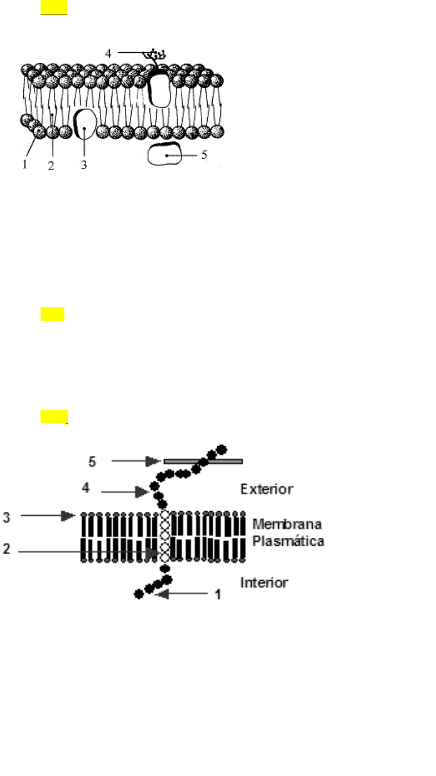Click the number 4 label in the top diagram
[x=108, y=54]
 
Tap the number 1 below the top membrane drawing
[x=24, y=165]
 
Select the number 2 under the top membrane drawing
[x=51, y=165]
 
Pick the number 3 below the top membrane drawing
[x=84, y=165]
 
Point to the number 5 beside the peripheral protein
[x=204, y=155]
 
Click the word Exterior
[x=266, y=489]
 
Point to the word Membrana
[x=288, y=524]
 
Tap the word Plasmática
[x=288, y=540]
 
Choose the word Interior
[x=264, y=582]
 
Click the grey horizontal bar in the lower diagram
[x=203, y=461]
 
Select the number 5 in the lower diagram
[x=93, y=461]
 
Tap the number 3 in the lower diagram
[x=7, y=517]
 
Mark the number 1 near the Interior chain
[x=218, y=594]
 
